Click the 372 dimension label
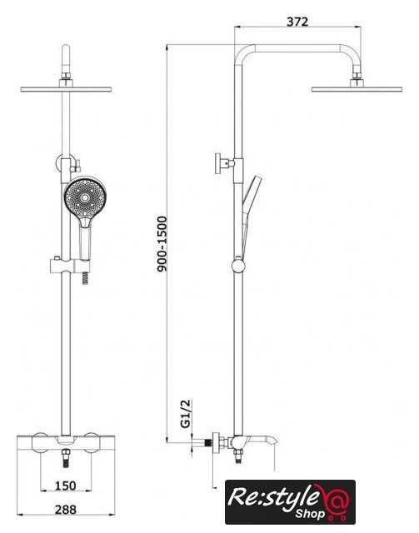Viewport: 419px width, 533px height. (x=297, y=22)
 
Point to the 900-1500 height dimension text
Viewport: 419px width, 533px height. (x=162, y=244)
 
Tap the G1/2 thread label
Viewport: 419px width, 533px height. (x=186, y=414)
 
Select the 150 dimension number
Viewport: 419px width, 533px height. (x=65, y=486)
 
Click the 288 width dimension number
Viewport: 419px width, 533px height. (x=66, y=509)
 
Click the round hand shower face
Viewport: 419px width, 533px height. (x=85, y=197)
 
